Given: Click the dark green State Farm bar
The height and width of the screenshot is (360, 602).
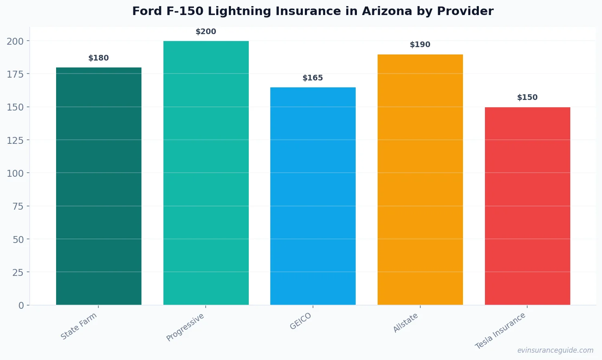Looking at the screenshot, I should point(98,186).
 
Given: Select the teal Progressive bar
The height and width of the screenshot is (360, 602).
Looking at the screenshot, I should point(206,173).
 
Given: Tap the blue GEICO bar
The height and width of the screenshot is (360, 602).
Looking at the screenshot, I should point(313,196).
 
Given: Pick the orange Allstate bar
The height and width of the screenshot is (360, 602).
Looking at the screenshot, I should point(420,180).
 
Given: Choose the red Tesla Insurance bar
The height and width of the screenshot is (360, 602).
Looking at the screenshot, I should point(527,206).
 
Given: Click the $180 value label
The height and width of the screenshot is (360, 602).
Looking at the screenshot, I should point(98,58).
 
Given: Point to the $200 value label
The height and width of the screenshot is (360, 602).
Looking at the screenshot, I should point(206,32).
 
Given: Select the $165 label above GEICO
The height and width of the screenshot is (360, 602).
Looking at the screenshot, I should point(313,78).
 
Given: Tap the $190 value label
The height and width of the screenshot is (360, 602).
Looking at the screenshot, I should point(420,45).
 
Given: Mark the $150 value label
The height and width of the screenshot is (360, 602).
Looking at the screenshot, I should point(527,98).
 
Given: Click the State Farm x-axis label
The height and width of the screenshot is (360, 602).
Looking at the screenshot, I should point(79,326).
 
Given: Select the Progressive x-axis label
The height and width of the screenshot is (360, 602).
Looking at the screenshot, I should point(185,327).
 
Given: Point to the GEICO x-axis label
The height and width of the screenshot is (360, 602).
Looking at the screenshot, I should point(301,321).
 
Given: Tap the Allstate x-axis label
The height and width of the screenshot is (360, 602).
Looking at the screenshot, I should point(406,323).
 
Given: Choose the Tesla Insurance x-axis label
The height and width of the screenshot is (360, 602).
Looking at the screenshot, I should point(500,331).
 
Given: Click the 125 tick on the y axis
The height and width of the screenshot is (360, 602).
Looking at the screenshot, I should point(15,140).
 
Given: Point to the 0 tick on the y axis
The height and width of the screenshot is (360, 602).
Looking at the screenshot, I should point(21,306).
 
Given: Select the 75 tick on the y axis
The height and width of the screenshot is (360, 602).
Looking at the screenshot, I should point(18,206).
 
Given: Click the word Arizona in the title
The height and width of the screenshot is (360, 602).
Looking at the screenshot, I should point(387,11).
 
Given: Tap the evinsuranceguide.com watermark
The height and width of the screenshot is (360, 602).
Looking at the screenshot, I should point(555,350).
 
